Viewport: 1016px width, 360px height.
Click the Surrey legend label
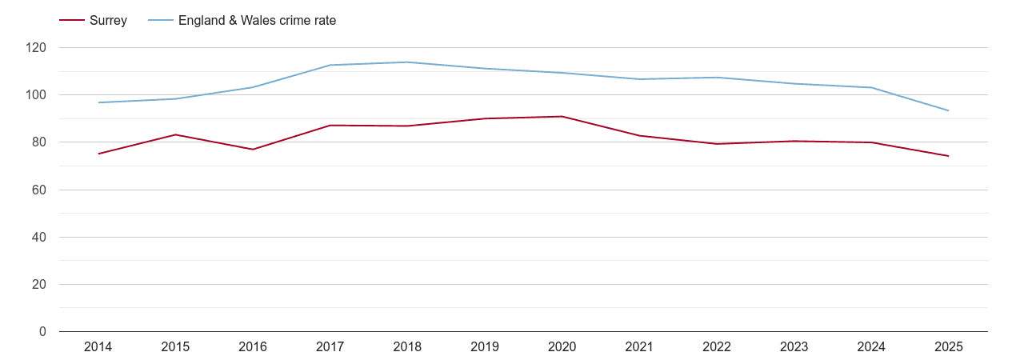click(108, 21)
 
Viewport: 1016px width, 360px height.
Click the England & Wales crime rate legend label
click(257, 21)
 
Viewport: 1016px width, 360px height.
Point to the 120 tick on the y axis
click(36, 48)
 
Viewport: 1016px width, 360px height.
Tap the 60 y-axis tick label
click(39, 190)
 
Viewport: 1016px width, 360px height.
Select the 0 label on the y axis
click(42, 332)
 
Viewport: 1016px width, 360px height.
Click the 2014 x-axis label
click(98, 347)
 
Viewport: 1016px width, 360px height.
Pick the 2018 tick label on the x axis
click(407, 347)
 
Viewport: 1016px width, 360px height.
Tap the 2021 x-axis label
click(639, 347)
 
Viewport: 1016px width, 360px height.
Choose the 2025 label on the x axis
click(948, 347)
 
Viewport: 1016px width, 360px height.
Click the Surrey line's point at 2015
click(175, 134)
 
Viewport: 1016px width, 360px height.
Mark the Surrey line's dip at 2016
click(253, 150)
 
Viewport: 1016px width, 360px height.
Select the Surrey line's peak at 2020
click(562, 117)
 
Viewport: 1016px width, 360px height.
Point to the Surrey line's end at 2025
click(948, 156)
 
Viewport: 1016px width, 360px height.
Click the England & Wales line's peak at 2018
click(407, 62)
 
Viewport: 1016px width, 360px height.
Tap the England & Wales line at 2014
click(98, 102)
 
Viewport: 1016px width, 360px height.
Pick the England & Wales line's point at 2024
click(871, 87)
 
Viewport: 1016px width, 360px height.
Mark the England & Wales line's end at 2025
click(948, 110)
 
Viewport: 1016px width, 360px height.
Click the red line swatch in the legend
click(72, 21)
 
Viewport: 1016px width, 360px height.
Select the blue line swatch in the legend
click(161, 21)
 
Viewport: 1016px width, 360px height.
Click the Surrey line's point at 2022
click(717, 144)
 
